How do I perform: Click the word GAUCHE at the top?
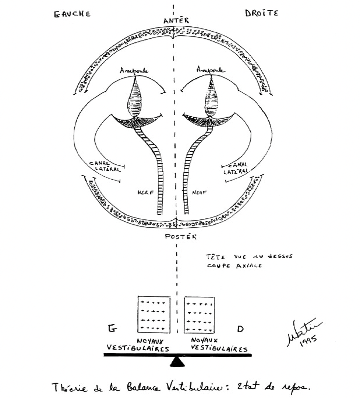click(72, 14)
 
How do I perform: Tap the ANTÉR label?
click(176, 21)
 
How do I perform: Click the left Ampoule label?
click(134, 71)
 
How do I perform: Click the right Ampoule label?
click(211, 70)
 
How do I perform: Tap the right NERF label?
click(199, 192)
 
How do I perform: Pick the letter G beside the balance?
click(112, 328)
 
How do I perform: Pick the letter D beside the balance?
click(240, 329)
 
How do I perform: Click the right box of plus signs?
click(199, 314)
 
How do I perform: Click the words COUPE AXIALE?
click(234, 265)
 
